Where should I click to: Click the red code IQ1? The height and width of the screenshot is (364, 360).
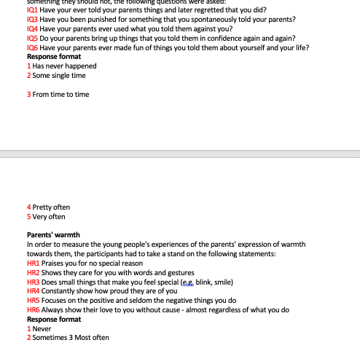click(32, 10)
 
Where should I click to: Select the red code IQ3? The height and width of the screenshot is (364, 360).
click(32, 20)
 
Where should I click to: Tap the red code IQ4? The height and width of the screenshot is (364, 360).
click(32, 29)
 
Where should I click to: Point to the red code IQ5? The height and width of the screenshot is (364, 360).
click(32, 38)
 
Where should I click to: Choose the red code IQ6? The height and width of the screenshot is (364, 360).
click(32, 47)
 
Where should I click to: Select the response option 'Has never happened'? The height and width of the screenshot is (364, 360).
click(65, 66)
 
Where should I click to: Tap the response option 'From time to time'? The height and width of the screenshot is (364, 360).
click(61, 94)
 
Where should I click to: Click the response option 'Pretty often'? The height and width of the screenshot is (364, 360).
click(52, 207)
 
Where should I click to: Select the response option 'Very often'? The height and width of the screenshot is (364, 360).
click(49, 216)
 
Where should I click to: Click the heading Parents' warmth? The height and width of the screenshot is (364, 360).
click(53, 235)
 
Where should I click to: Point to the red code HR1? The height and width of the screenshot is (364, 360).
click(33, 263)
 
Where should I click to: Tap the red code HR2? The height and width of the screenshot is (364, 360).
click(33, 272)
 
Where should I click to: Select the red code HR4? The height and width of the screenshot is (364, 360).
click(33, 290)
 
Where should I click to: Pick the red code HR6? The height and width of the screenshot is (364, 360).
click(33, 309)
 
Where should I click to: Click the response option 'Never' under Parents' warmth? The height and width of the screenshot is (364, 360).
click(42, 328)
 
